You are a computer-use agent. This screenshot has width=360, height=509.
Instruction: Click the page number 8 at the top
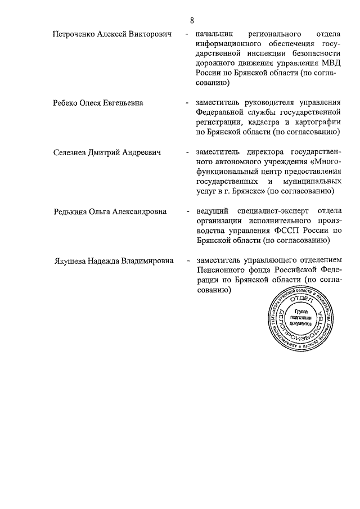click(x=192, y=21)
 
